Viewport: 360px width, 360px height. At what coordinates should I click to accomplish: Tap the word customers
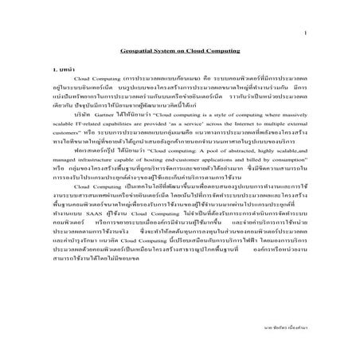click(x=66, y=135)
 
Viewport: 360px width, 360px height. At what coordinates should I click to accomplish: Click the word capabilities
click(x=126, y=125)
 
